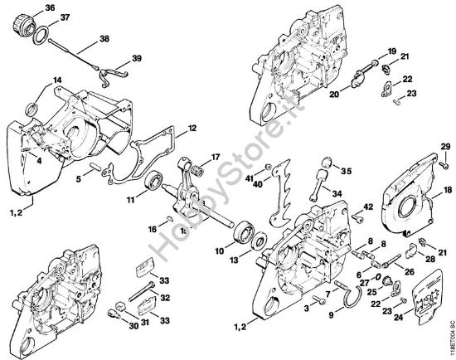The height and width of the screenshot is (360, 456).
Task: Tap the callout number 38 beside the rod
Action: pyautogui.click(x=104, y=39)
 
